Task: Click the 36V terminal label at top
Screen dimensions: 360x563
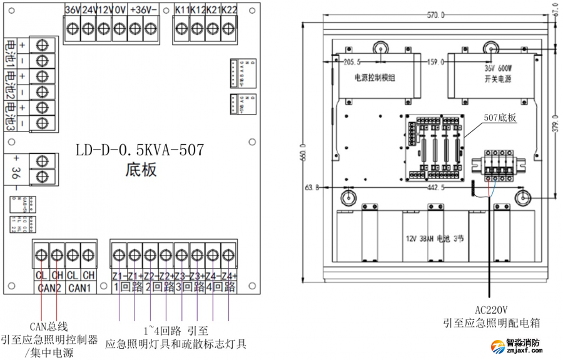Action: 72,9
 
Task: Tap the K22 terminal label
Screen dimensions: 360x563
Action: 229,9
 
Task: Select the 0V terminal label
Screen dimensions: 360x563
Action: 119,9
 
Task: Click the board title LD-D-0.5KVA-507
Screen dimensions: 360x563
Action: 139,151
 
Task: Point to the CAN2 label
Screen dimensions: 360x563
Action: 48,287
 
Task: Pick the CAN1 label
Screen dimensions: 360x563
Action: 81,287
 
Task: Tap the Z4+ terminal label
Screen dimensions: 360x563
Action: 229,275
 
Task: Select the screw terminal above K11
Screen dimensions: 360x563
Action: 181,28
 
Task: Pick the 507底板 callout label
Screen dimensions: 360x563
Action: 500,117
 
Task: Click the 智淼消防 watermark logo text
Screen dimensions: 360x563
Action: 523,344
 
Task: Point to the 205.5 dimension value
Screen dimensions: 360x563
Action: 353,62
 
